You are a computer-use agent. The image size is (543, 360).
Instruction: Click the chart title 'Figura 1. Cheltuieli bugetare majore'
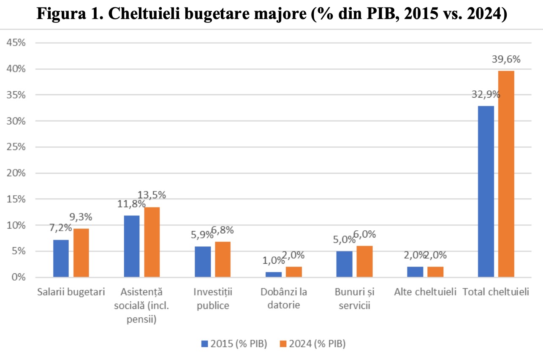pos(271,14)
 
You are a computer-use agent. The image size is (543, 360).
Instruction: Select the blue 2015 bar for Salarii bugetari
pos(61,259)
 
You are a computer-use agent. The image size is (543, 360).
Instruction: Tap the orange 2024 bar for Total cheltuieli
pos(506,174)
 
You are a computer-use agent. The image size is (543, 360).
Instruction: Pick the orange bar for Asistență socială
pos(152,242)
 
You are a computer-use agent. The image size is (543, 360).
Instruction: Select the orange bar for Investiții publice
pos(223,259)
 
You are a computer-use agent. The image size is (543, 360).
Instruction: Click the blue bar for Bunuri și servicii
pos(344,264)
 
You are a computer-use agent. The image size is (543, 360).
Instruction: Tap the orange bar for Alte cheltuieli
pos(435,272)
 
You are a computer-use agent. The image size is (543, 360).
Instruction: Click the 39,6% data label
pos(506,60)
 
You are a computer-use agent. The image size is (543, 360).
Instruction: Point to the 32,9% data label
pos(486,94)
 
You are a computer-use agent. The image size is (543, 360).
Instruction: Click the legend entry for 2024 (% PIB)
pos(312,344)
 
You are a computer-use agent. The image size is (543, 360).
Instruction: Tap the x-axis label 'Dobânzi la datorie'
pos(283,298)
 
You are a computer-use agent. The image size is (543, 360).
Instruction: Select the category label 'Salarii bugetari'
pos(71,292)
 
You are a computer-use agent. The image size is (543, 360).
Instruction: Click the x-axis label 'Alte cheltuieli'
pos(425,292)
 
